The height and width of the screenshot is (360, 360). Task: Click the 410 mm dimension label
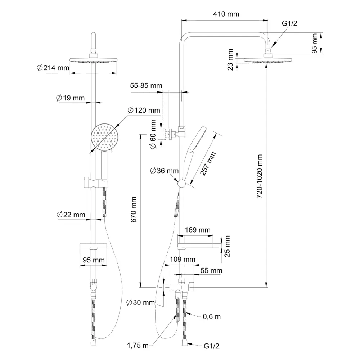click(x=226, y=14)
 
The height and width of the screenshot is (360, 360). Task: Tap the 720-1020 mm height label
click(x=259, y=176)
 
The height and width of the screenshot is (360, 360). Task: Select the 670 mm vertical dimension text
click(x=134, y=210)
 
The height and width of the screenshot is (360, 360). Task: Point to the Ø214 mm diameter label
click(x=53, y=68)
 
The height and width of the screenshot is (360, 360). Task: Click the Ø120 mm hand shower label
click(x=144, y=111)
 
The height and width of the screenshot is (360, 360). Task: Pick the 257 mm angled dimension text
click(x=208, y=164)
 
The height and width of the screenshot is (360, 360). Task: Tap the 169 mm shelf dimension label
click(x=198, y=230)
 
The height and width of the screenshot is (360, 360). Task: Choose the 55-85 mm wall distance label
click(x=146, y=86)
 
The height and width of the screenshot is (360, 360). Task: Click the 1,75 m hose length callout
click(x=138, y=345)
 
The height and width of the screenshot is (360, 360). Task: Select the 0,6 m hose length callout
click(x=212, y=316)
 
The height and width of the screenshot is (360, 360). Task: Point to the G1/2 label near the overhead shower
click(x=289, y=23)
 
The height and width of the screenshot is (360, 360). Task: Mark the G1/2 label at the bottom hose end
click(x=211, y=346)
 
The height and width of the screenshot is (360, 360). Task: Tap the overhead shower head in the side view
click(x=268, y=60)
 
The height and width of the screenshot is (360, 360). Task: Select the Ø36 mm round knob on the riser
click(x=181, y=184)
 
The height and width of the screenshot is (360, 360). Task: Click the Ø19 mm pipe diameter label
click(x=70, y=98)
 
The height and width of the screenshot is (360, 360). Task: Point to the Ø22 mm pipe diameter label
click(x=71, y=215)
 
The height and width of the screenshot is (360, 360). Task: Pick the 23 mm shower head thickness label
click(x=230, y=59)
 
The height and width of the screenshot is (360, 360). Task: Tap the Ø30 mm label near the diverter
click(x=140, y=303)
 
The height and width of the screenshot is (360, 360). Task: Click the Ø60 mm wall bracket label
click(x=153, y=134)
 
